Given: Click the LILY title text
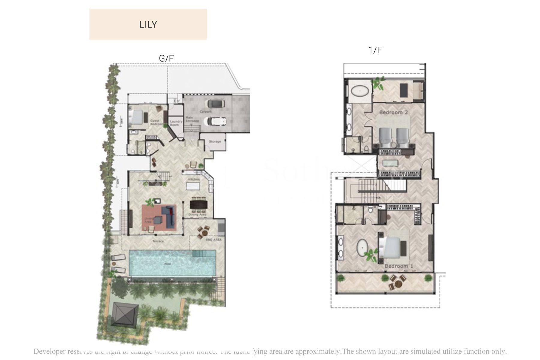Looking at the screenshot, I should pyautogui.click(x=148, y=24).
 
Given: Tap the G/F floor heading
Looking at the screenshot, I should pyautogui.click(x=166, y=58).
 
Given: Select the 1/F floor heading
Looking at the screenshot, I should pyautogui.click(x=375, y=50).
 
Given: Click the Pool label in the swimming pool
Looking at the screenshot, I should pyautogui.click(x=167, y=264).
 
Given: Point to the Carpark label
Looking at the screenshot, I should pyautogui.click(x=206, y=112).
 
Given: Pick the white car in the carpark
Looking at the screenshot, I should pyautogui.click(x=215, y=121).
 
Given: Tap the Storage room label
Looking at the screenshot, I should pyautogui.click(x=215, y=141).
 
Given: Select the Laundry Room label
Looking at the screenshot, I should pyautogui.click(x=176, y=123).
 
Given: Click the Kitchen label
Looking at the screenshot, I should pyautogui.click(x=194, y=179).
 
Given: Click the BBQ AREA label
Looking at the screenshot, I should pyautogui.click(x=214, y=240).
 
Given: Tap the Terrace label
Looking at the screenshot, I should pyautogui.click(x=158, y=241).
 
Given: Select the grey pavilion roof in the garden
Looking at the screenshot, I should pyautogui.click(x=125, y=314).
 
